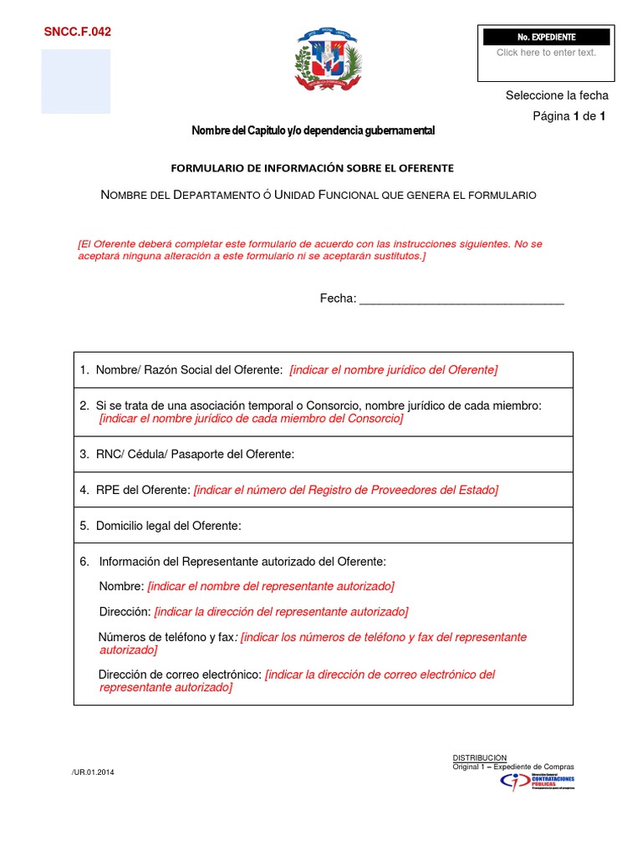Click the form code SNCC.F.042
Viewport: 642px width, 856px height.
pos(77,33)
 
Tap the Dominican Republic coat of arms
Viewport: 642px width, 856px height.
pos(328,60)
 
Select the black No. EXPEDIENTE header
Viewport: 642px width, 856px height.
pos(547,38)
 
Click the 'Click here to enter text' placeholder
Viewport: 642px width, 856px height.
pos(546,53)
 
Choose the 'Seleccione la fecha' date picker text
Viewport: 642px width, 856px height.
pos(557,95)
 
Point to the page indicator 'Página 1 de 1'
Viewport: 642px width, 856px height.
pos(568,116)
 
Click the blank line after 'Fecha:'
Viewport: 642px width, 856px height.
pos(461,300)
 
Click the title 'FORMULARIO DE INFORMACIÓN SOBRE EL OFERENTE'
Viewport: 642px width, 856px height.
pos(313,167)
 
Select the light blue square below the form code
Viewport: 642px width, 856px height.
pos(76,81)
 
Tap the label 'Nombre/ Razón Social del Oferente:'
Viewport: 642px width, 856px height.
pos(189,369)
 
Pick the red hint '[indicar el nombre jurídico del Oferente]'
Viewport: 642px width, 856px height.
pos(393,369)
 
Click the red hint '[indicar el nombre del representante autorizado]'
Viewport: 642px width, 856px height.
pos(271,586)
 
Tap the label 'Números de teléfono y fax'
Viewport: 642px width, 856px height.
pos(167,637)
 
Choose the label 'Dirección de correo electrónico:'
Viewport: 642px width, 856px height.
pos(180,675)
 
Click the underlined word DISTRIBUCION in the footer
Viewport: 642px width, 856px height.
pos(479,757)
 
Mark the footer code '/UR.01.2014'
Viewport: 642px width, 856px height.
pos(94,772)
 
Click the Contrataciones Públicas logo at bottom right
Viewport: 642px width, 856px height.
pos(537,782)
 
